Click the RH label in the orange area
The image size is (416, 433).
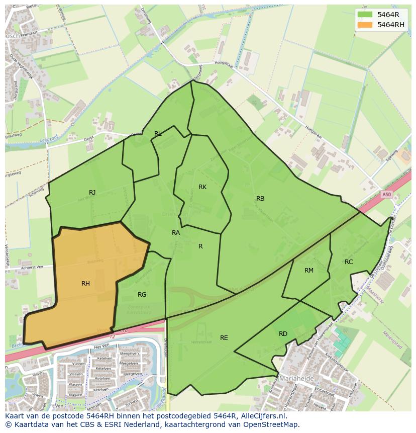(x=85, y=284)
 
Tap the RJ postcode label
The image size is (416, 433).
(x=92, y=193)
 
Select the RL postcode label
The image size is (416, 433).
(x=158, y=134)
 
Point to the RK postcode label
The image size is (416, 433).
(x=202, y=187)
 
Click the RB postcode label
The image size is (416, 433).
(x=260, y=199)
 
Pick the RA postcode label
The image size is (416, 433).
(x=176, y=233)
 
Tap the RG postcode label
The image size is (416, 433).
(x=142, y=295)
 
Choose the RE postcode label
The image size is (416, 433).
(x=224, y=338)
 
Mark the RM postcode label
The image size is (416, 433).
(x=309, y=271)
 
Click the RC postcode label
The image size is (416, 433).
(x=349, y=262)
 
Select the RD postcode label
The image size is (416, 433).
(x=283, y=334)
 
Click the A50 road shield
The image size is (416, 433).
(x=386, y=195)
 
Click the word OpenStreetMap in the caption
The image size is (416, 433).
(x=271, y=424)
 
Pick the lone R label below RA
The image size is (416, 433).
(x=200, y=246)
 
